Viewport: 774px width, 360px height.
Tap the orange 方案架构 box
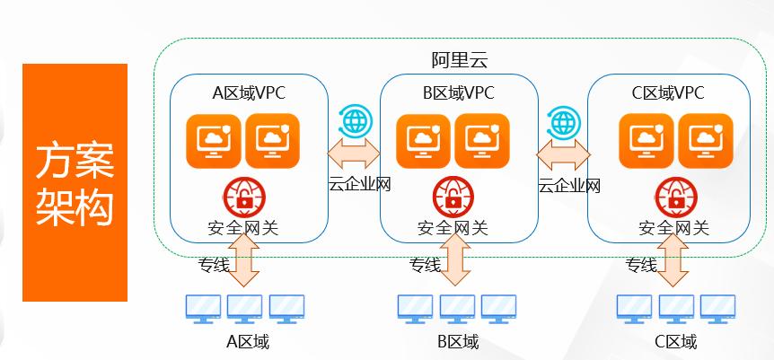[75, 182]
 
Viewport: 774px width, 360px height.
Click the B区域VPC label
[458, 92]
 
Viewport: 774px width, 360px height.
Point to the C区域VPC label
[668, 92]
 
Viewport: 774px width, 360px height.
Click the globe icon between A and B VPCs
[353, 120]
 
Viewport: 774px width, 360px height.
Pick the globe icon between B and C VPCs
[565, 120]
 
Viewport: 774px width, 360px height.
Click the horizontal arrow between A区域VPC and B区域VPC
[353, 154]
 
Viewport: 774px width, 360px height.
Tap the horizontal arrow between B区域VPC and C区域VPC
[563, 154]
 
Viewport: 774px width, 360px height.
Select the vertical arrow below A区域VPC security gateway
[243, 265]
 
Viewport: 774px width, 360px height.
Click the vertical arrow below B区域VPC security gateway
[455, 265]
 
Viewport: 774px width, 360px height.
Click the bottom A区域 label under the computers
[247, 342]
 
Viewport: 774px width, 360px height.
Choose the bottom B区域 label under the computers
[458, 342]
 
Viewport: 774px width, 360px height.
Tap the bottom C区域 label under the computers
[675, 342]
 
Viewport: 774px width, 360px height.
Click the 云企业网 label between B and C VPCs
[569, 186]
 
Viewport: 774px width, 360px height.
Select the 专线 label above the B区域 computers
[426, 265]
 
